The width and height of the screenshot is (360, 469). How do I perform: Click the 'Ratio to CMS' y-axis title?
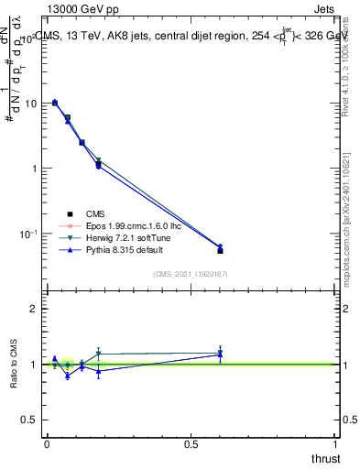click(x=14, y=364)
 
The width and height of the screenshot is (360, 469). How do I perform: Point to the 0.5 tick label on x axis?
click(x=191, y=443)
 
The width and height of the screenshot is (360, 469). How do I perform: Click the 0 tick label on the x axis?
click(x=47, y=443)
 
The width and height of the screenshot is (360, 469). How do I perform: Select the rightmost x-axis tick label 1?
click(x=337, y=443)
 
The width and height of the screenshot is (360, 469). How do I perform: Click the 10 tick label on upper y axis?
click(x=30, y=104)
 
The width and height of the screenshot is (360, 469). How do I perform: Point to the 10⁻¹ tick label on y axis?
click(x=28, y=234)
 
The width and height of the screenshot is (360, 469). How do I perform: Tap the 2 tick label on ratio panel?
click(x=34, y=309)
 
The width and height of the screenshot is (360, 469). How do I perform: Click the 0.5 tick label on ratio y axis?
click(x=30, y=419)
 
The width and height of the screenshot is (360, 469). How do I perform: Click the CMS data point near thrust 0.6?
click(x=220, y=250)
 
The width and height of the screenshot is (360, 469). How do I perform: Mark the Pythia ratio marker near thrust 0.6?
click(x=220, y=354)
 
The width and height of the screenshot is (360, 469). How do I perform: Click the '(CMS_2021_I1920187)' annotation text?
click(x=191, y=274)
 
